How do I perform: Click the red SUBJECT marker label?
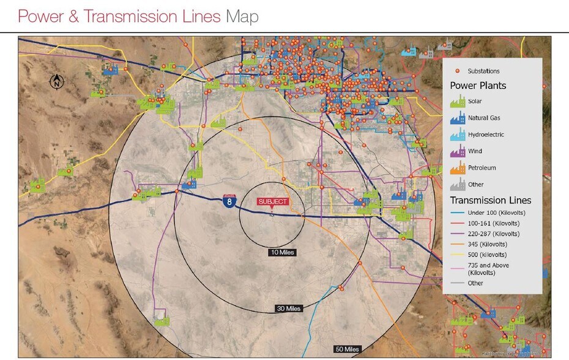pos(272,201)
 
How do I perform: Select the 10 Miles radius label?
pos(282,252)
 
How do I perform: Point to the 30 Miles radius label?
pos(288,309)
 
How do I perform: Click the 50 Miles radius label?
pos(346,349)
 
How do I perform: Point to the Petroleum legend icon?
pos(456,167)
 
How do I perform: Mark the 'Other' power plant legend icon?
pos(456,184)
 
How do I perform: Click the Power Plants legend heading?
pos(478,86)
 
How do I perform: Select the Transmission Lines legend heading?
pos(491,200)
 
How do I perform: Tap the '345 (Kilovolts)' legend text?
pos(488,244)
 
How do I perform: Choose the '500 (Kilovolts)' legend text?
pos(488,255)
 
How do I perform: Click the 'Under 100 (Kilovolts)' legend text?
pos(496,212)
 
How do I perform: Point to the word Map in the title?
pos(242,17)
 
